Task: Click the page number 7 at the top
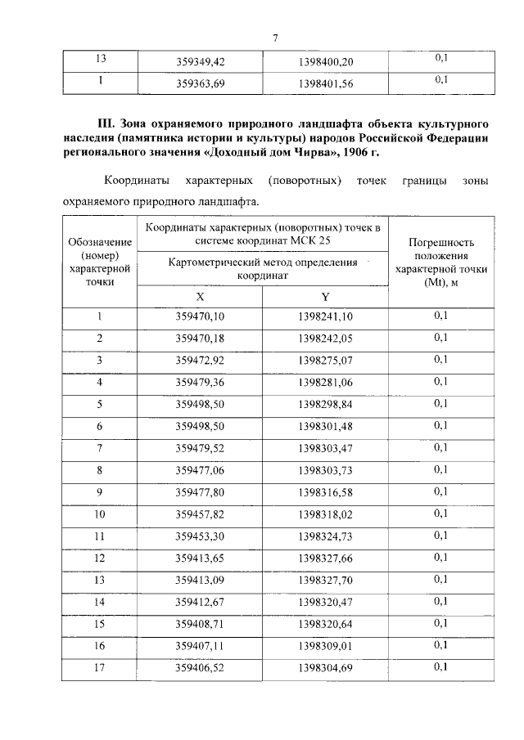[276, 38]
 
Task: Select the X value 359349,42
[200, 61]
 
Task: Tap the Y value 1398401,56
[325, 83]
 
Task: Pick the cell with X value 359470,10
[200, 317]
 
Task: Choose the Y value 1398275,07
[325, 361]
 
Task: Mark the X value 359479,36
[200, 383]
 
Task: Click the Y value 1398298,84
[325, 405]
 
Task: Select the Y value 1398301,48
[325, 427]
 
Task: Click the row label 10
[100, 514]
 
